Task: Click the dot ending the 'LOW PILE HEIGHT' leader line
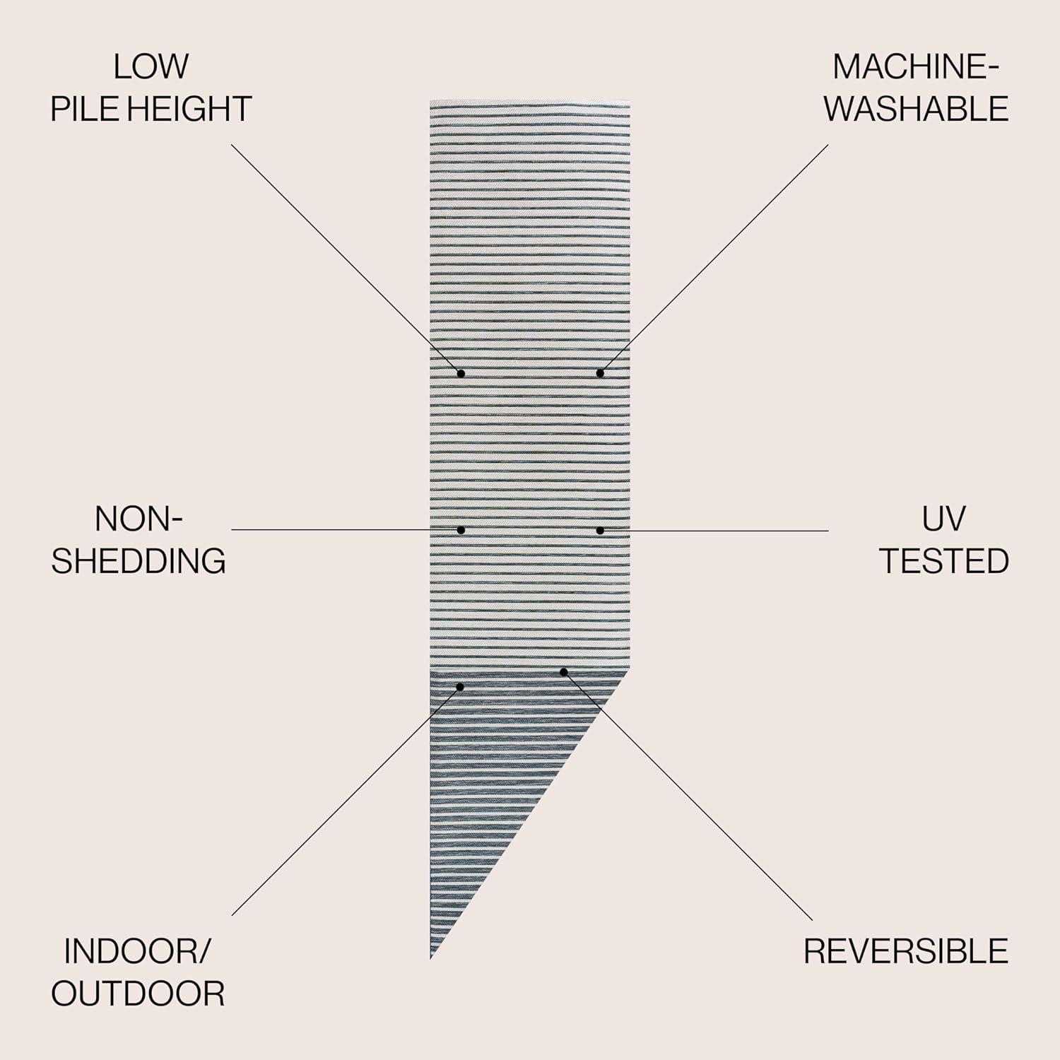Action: pos(461,372)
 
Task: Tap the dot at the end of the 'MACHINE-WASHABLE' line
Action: pos(600,372)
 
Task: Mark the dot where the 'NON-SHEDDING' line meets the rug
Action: pos(461,529)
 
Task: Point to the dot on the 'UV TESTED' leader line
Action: pos(600,530)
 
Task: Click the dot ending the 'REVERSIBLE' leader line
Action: pos(563,671)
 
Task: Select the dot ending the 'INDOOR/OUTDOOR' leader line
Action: pos(459,686)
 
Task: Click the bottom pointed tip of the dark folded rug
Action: pos(431,959)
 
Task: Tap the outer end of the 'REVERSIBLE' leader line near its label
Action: pos(813,919)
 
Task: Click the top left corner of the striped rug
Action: pos(430,101)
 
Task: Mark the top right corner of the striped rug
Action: pos(630,101)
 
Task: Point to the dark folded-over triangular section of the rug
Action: pos(495,763)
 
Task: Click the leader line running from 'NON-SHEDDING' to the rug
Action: pos(346,529)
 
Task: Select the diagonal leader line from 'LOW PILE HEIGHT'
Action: pos(346,259)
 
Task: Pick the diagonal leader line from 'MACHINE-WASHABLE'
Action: pos(714,259)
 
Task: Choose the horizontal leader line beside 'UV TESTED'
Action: pos(714,530)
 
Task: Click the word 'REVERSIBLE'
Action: pos(905,951)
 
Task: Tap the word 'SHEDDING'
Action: pos(139,560)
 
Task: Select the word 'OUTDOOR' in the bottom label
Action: pos(138,994)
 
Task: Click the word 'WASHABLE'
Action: pos(917,109)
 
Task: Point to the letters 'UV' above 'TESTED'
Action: pos(943,519)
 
